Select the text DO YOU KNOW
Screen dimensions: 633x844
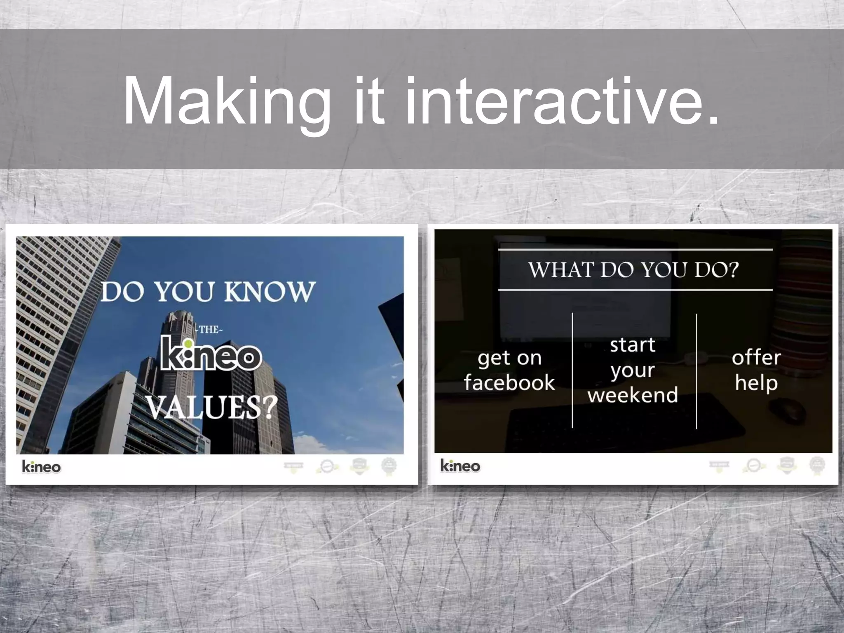pyautogui.click(x=208, y=292)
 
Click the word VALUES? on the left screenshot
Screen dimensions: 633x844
pyautogui.click(x=211, y=407)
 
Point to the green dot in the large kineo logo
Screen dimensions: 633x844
pyautogui.click(x=188, y=344)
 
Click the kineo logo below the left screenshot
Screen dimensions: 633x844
pyautogui.click(x=41, y=467)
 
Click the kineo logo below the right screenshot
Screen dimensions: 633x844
pyautogui.click(x=460, y=466)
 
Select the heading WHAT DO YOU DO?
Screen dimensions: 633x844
pyautogui.click(x=634, y=270)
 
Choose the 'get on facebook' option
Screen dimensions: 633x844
pyautogui.click(x=509, y=370)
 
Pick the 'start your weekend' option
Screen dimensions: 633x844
pyautogui.click(x=633, y=370)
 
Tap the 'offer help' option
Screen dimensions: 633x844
pyautogui.click(x=756, y=370)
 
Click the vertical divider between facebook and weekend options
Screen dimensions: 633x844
pyautogui.click(x=572, y=371)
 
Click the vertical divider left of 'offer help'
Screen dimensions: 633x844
pyautogui.click(x=696, y=371)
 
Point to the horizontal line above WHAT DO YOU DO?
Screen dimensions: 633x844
pyautogui.click(x=635, y=250)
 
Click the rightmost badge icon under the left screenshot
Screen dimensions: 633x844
pyautogui.click(x=389, y=466)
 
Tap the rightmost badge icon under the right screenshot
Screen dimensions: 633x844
pyautogui.click(x=817, y=465)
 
